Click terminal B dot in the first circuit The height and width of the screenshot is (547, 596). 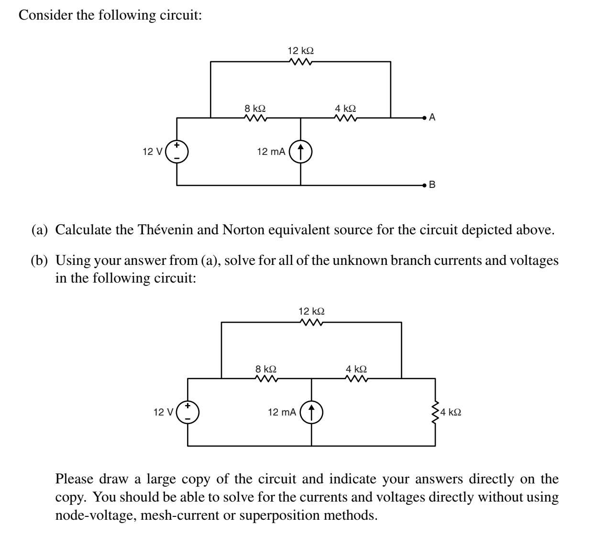[424, 184]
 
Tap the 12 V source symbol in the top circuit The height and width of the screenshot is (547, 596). [177, 151]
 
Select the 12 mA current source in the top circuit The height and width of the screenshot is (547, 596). [300, 152]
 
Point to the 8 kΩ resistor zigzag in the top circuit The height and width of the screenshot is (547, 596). [255, 117]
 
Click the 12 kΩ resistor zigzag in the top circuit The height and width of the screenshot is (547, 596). [301, 62]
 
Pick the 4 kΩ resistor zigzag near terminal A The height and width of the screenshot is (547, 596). [345, 117]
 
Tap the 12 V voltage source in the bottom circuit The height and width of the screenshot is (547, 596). [188, 412]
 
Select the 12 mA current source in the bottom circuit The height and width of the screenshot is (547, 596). [311, 412]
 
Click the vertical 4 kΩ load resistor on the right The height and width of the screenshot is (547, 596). [435, 412]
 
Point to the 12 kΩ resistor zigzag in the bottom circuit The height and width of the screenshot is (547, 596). [311, 323]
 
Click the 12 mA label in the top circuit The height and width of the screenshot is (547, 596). [271, 152]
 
